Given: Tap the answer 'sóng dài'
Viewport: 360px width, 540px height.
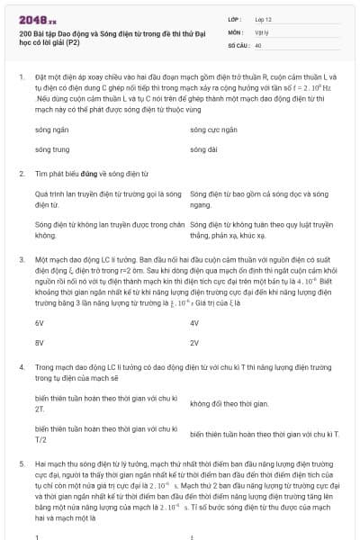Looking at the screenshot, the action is [x=202, y=148].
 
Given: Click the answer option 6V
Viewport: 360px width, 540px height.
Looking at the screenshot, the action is [x=40, y=321].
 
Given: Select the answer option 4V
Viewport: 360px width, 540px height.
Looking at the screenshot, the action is [x=195, y=321].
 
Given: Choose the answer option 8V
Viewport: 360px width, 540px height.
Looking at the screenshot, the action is [x=40, y=342].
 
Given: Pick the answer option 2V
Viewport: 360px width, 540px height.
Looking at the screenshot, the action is [x=195, y=342].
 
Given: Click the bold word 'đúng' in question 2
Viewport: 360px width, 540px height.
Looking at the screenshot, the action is [x=87, y=173].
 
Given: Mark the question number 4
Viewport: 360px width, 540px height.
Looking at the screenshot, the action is [x=20, y=367].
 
